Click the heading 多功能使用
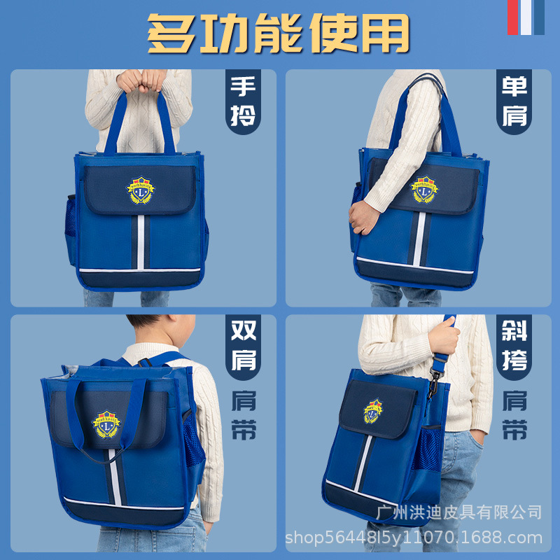pos(278,33)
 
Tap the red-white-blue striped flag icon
pos(526,17)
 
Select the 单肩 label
pos(514,102)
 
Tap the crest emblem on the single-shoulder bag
pos(423,188)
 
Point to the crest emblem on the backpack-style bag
pos(107,423)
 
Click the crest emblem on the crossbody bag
pos(374,410)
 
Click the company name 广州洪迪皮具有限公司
pos(459,512)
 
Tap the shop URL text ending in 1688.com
pos(414,538)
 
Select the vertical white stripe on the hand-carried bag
pos(141,241)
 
